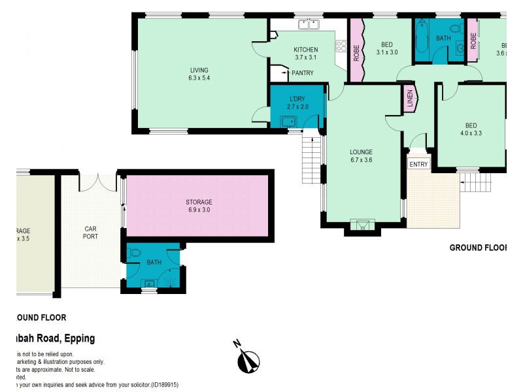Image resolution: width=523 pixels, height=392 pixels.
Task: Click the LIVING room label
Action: [x=199, y=70]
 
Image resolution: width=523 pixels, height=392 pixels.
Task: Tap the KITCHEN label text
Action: [x=305, y=50]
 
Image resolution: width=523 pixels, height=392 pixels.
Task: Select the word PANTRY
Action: [x=302, y=73]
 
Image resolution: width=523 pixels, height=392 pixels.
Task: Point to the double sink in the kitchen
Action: [x=309, y=25]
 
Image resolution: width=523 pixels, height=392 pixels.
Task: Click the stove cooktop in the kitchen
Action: [x=340, y=46]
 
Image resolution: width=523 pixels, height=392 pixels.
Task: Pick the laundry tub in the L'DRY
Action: [x=288, y=121]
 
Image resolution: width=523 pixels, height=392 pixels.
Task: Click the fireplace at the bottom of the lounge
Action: [x=362, y=225]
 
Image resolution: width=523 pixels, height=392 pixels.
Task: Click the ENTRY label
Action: [x=418, y=165]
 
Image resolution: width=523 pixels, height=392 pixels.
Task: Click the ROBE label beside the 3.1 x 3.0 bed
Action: [x=356, y=52]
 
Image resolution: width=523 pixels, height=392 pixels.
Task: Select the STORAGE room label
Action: [x=198, y=203]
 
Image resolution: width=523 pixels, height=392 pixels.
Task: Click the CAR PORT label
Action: [x=90, y=233]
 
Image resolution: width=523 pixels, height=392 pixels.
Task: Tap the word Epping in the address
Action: [x=79, y=338]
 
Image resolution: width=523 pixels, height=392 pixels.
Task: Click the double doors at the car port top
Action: [x=98, y=181]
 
